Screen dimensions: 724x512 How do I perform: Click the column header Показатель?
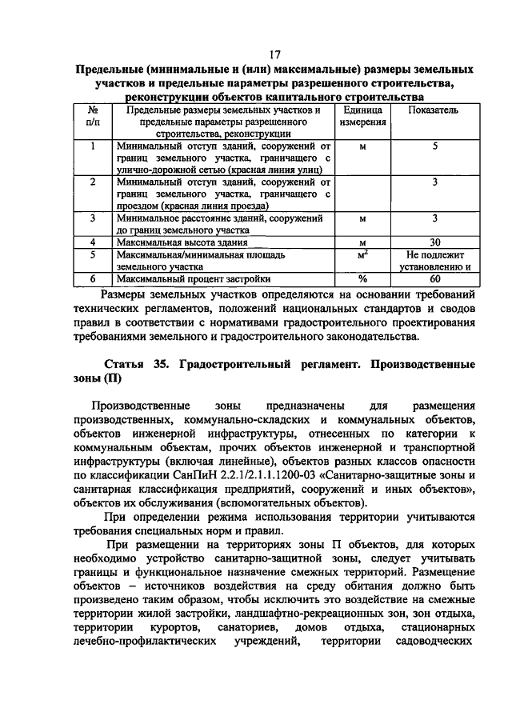(434, 110)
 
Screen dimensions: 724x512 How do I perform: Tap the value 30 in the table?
(434, 241)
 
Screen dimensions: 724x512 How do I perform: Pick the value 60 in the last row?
(434, 279)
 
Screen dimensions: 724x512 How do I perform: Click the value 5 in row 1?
(434, 146)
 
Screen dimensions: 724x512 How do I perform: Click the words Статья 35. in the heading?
(134, 364)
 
